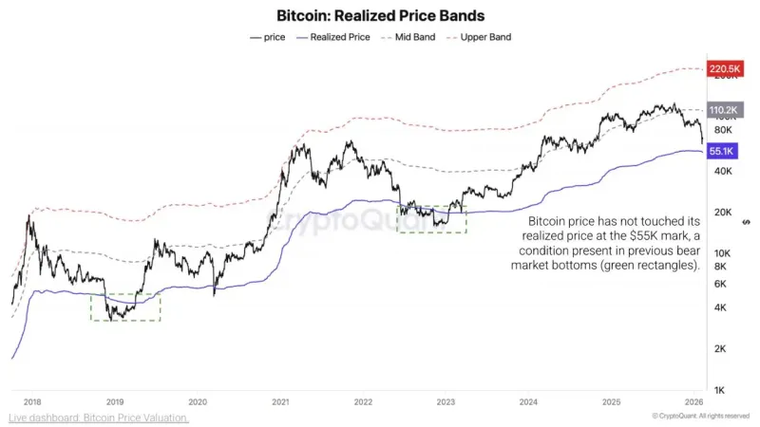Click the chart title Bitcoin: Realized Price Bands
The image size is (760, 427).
coord(380,16)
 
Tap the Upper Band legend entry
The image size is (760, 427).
coord(485,37)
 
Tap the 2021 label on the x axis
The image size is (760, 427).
coord(280,401)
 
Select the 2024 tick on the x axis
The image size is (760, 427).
coord(529,401)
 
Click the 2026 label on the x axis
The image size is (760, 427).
coord(694,401)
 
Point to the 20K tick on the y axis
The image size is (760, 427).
coord(722,212)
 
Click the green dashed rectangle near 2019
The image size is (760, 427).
coord(125,306)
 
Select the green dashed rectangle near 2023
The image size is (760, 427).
coord(431,219)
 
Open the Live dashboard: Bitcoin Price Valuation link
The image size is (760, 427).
coord(99,418)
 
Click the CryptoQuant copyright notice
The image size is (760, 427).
coord(701,417)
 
